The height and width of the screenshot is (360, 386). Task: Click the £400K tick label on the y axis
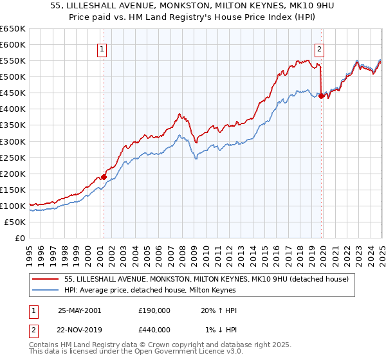[x=13, y=109]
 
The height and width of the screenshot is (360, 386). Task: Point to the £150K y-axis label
[x=13, y=190]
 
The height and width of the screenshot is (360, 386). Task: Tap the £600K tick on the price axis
[x=13, y=44]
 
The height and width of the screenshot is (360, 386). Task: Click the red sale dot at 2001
[x=104, y=176]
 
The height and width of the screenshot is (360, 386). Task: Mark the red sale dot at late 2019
[x=321, y=96]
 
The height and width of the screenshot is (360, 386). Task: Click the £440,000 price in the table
[x=153, y=330]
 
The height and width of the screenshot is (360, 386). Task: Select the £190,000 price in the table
[x=153, y=310]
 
